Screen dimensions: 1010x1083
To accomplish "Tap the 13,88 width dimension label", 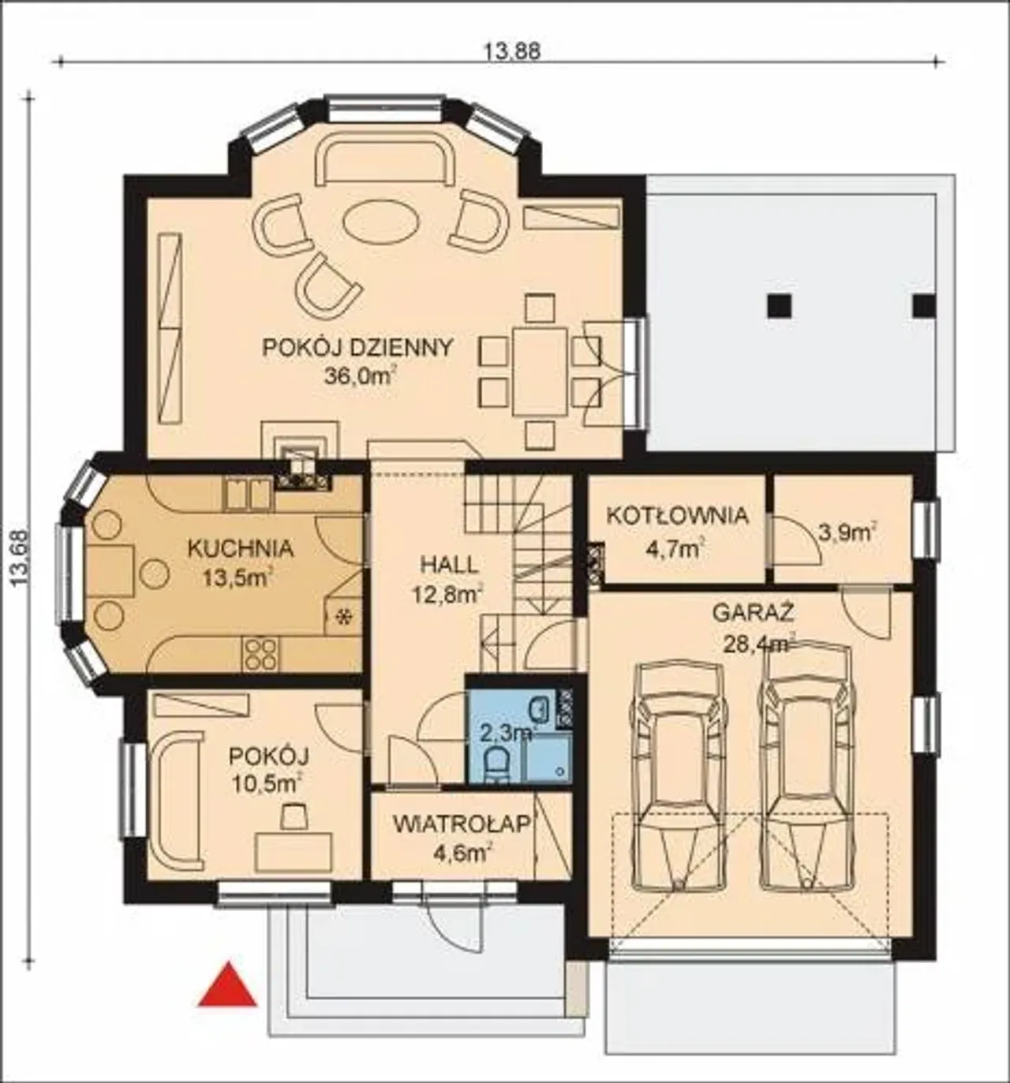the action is [x=512, y=51].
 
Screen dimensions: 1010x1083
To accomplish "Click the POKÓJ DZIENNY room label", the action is [x=358, y=347].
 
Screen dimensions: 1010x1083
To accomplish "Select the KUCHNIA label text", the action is [x=240, y=548].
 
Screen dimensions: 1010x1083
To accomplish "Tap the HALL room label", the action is [x=449, y=566].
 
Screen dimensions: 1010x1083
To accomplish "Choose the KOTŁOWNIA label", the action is [x=677, y=516].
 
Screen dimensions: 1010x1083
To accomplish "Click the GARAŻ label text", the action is [x=753, y=613].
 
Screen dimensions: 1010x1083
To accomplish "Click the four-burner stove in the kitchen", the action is [x=262, y=654].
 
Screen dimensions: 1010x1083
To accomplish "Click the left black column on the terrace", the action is [x=779, y=306].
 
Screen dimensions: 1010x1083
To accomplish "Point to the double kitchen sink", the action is [x=248, y=494].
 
